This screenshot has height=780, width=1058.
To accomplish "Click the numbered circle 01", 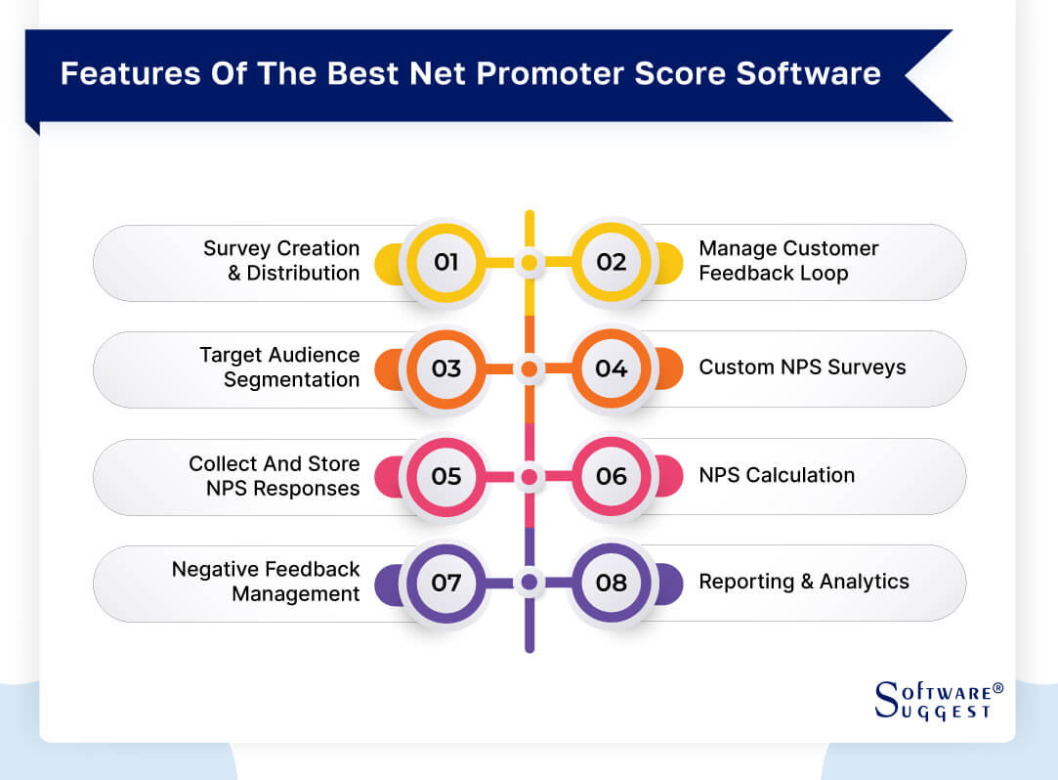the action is point(445,262).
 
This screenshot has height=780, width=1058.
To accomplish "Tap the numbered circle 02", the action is point(612,262).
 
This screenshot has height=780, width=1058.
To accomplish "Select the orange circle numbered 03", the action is point(445,368).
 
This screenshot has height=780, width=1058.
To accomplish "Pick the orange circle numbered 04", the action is point(612,368).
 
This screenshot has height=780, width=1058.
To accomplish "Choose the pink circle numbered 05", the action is point(445,476).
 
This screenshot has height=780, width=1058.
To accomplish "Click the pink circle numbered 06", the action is point(612,476).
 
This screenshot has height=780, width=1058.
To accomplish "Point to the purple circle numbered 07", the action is point(445,583).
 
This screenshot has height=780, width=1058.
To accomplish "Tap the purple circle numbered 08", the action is point(612,583).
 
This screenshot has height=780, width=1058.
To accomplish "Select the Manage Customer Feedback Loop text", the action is point(788,261).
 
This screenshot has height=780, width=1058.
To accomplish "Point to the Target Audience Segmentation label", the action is point(279,368).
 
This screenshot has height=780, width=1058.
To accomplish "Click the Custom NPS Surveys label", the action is point(802,368).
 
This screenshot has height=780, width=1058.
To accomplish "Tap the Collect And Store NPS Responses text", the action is point(274,476).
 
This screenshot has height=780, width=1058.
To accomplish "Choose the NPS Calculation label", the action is point(777,475).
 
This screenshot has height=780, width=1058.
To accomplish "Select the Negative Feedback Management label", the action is point(266,582).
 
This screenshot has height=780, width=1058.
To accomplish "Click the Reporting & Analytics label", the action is point(804,582).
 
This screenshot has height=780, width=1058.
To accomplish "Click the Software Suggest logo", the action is point(939,700).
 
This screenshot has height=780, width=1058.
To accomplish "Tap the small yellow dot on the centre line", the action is point(529,263).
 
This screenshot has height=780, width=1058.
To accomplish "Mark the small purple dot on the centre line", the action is point(529,583).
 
